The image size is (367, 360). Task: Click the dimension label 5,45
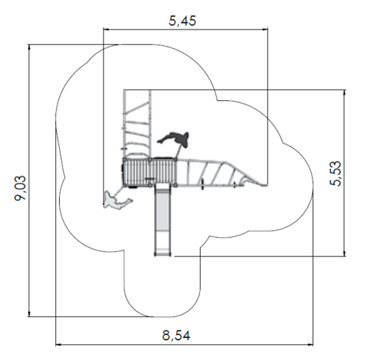pyautogui.click(x=182, y=21)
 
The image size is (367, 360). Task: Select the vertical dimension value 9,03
pyautogui.click(x=20, y=188)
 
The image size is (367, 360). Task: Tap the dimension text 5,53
pyautogui.click(x=335, y=174)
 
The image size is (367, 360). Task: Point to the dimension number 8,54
pyautogui.click(x=176, y=336)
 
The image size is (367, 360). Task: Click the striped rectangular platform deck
pyautogui.click(x=150, y=172)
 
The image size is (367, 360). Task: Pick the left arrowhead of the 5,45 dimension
pyautogui.click(x=106, y=30)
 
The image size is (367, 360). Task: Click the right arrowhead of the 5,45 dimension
pyautogui.click(x=265, y=30)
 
